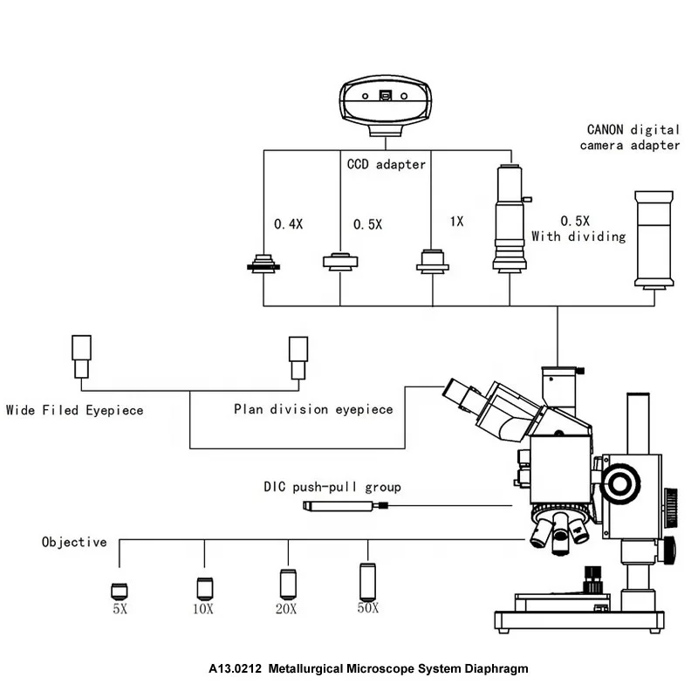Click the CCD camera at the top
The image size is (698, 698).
[386, 106]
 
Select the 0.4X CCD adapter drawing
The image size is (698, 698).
[263, 263]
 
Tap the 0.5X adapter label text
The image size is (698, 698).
[367, 224]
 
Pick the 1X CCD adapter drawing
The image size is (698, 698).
[432, 262]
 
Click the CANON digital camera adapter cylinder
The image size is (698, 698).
[654, 240]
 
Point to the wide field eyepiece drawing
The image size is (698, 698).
[81, 357]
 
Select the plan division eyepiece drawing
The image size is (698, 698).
[298, 358]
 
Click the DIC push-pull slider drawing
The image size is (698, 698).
[346, 506]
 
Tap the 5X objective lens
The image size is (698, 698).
[120, 592]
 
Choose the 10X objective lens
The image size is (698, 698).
[205, 588]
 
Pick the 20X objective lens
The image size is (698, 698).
[288, 584]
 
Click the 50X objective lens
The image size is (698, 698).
[367, 582]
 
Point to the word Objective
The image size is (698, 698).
[74, 542]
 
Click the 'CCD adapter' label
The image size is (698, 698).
[387, 164]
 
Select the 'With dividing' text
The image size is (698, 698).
[578, 236]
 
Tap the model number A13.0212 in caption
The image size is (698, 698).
[235, 668]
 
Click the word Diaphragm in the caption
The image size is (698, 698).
[496, 669]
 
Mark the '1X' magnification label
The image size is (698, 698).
[456, 222]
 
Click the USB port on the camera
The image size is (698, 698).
[385, 95]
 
